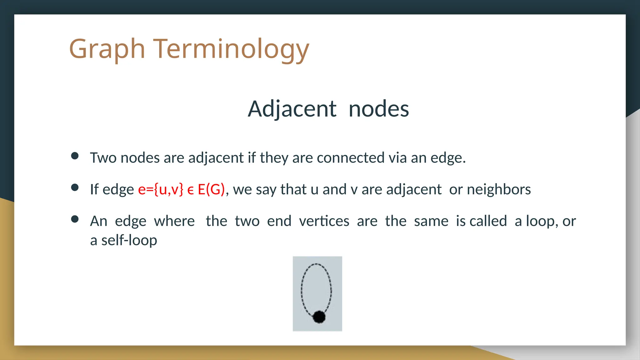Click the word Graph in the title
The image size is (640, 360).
107,49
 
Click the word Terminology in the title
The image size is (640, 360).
231,49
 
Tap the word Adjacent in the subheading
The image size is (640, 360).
292,109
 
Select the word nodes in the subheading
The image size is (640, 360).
378,109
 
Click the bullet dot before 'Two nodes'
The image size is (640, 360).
75,156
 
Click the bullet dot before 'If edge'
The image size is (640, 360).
75,187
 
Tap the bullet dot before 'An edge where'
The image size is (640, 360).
75,219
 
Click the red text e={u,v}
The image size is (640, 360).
161,189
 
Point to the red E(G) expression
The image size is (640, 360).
211,189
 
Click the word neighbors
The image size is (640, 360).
499,189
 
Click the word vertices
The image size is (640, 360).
324,221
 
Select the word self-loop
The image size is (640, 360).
129,240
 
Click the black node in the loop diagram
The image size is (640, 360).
319,317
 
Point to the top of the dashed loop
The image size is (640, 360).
317,264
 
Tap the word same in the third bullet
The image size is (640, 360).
431,221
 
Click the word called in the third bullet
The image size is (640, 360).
488,221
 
